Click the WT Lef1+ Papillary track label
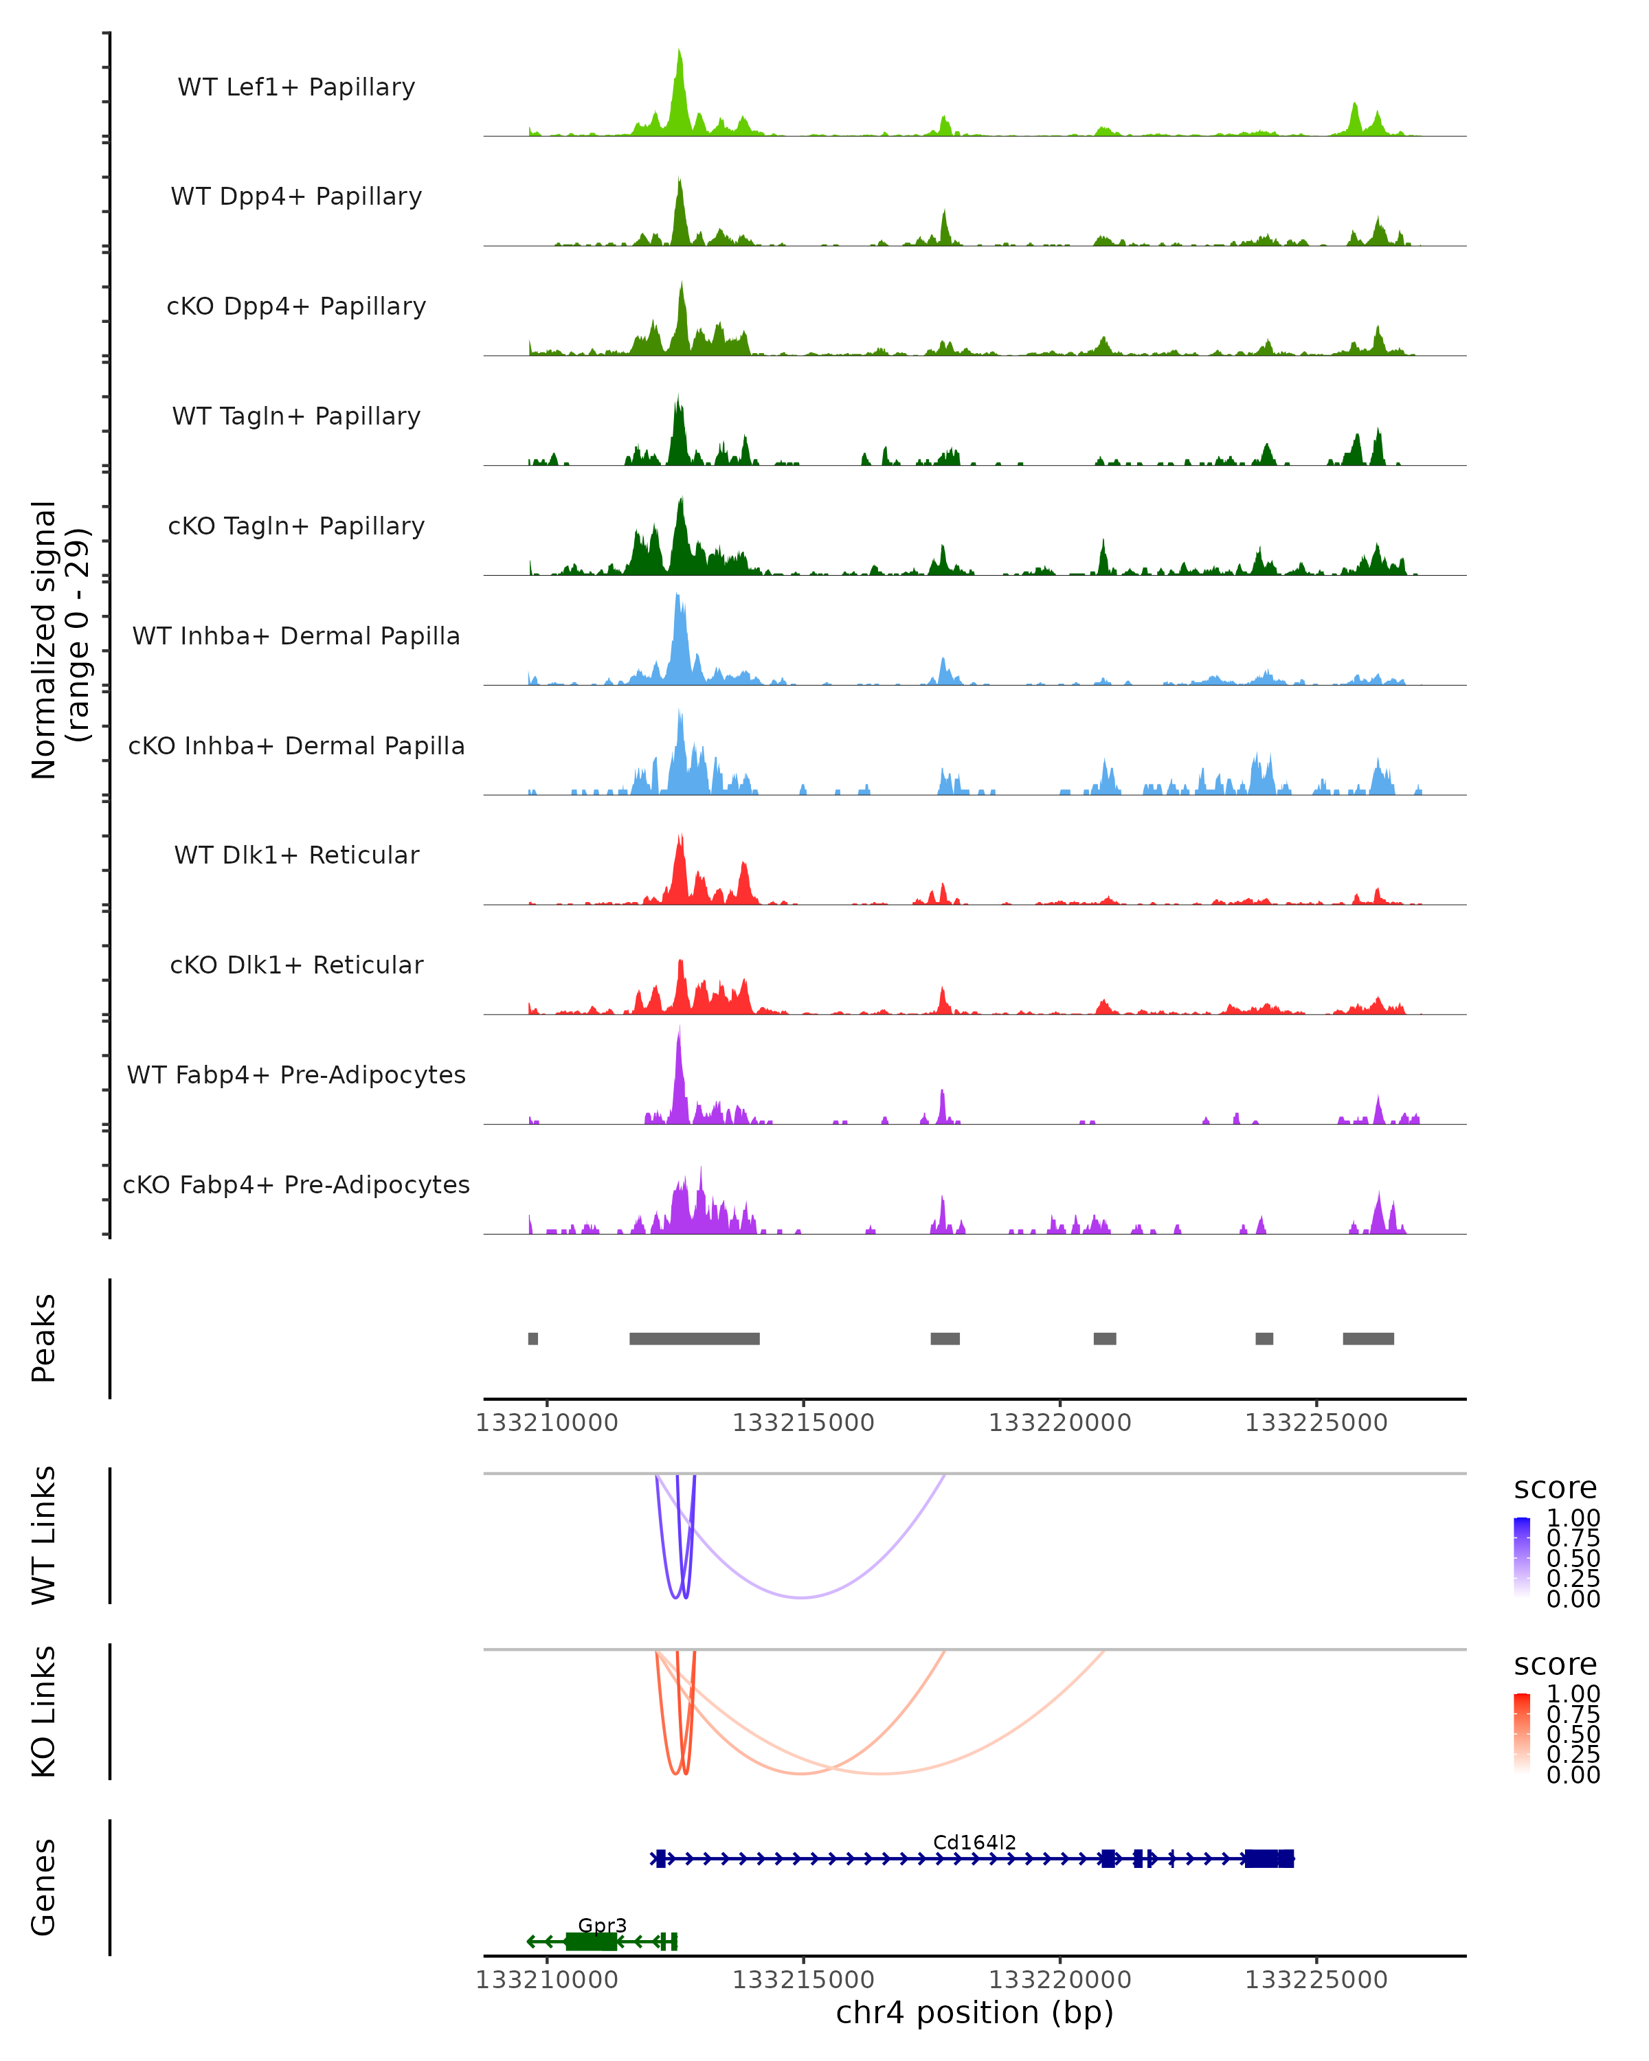(x=296, y=87)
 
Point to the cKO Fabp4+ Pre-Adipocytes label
(x=296, y=1184)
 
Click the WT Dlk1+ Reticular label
(x=296, y=855)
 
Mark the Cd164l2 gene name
(x=974, y=1842)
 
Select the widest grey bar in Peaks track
(x=694, y=1338)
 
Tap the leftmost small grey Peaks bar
(x=533, y=1338)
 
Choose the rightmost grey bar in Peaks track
(x=1368, y=1338)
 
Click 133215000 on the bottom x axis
(x=803, y=1980)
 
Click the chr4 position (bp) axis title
(x=974, y=2013)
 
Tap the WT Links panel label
(x=44, y=1535)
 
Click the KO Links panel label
(x=44, y=1712)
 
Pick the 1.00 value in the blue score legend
(x=1573, y=1518)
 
